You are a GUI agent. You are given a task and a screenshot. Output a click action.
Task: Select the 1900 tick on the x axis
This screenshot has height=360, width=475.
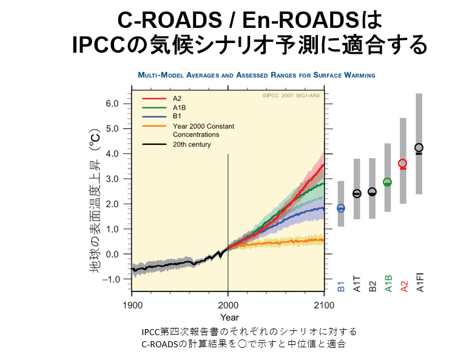[132, 304]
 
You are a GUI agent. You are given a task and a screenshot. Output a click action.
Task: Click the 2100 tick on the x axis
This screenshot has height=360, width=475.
[324, 304]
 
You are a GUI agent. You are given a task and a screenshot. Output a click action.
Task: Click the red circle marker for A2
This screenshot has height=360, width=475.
[402, 164]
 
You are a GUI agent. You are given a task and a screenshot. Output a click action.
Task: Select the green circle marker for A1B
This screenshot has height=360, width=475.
[387, 182]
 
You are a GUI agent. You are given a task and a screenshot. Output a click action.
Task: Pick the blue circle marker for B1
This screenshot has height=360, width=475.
[341, 208]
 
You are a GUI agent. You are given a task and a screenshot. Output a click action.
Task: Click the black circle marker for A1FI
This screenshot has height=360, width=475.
[419, 147]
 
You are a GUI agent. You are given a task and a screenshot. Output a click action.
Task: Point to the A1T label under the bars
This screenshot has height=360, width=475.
[357, 284]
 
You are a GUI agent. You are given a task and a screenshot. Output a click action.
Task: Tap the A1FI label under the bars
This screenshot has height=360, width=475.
[420, 282]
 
